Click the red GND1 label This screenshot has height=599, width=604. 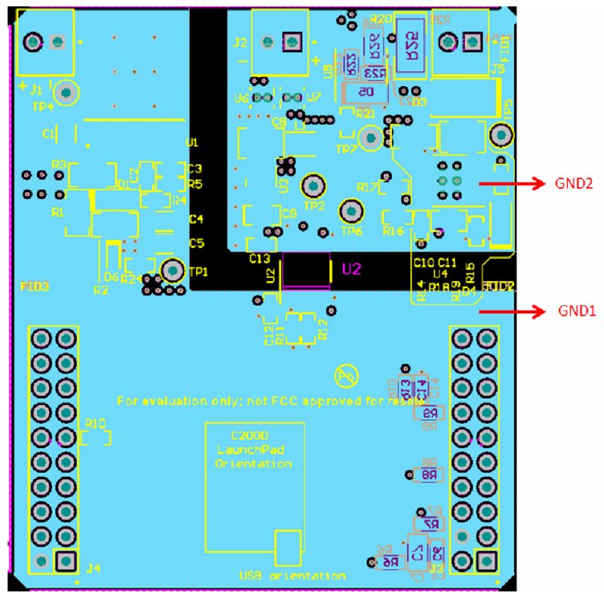pyautogui.click(x=578, y=310)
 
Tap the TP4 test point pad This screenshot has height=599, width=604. pyautogui.click(x=66, y=93)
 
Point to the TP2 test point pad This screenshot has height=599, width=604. pyautogui.click(x=313, y=185)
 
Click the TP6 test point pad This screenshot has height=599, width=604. pyautogui.click(x=351, y=210)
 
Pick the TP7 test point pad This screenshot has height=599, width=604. pyautogui.click(x=370, y=137)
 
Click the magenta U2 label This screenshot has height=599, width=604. pyautogui.click(x=351, y=268)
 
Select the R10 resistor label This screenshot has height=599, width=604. pyautogui.click(x=96, y=423)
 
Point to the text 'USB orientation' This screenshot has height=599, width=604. pyautogui.click(x=292, y=576)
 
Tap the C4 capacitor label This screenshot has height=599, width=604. pyautogui.click(x=196, y=219)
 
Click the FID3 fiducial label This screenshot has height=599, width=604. pyautogui.click(x=34, y=286)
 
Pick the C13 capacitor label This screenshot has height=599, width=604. pyautogui.click(x=259, y=258)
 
